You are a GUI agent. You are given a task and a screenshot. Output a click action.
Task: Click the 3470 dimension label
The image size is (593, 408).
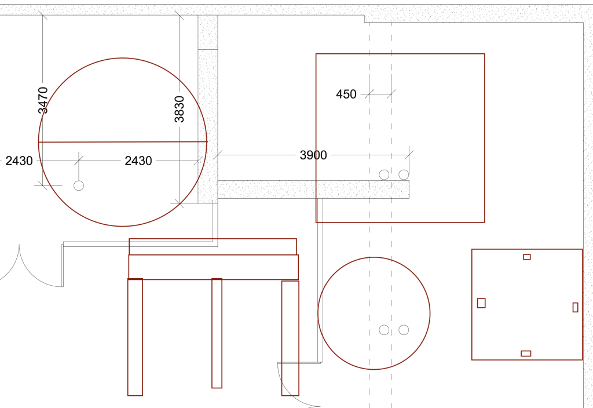(x=43, y=100)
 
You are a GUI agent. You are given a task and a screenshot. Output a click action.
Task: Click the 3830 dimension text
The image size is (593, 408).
(x=180, y=109)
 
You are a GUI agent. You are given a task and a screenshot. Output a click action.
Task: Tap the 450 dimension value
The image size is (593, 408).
(x=346, y=94)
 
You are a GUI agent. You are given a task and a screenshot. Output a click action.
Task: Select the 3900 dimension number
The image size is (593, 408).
(x=313, y=155)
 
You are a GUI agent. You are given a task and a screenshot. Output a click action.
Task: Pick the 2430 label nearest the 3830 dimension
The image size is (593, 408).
(x=138, y=161)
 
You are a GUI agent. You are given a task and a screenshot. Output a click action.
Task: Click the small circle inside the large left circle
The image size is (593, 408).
(x=79, y=185)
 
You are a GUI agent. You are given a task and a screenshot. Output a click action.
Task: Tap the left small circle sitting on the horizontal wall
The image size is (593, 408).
(x=384, y=174)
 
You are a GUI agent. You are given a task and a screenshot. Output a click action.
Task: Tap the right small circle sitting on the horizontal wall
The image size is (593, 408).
(x=404, y=174)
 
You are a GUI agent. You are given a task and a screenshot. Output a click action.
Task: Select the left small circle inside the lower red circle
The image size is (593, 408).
(x=384, y=330)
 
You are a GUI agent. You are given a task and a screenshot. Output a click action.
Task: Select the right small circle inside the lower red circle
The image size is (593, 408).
(x=404, y=330)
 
